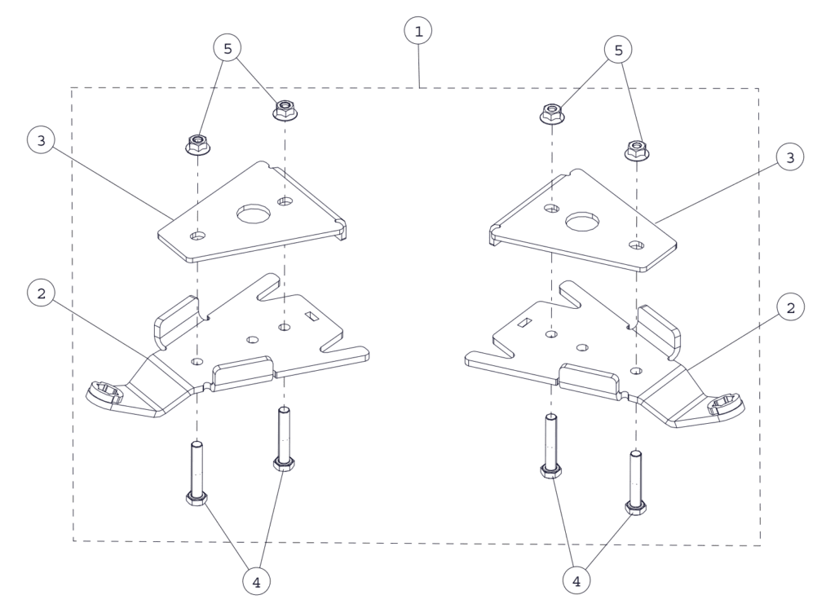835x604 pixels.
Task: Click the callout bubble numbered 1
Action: tap(418, 31)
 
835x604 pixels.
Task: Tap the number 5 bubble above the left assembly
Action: tap(228, 48)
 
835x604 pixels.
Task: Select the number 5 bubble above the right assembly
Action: tap(618, 50)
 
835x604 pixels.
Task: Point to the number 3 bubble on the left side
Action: tap(41, 140)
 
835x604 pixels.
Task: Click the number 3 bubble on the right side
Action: tap(789, 157)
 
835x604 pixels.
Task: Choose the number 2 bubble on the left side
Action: tap(41, 293)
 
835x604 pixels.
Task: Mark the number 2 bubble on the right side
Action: tap(790, 307)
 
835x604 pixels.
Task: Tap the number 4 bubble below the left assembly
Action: tap(256, 582)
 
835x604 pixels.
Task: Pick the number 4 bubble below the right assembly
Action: tap(577, 581)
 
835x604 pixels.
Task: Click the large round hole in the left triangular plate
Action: tap(254, 214)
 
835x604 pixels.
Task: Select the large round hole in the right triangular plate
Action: tap(582, 221)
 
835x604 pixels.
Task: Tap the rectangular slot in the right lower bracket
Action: tap(525, 322)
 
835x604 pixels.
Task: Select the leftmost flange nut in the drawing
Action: tap(198, 144)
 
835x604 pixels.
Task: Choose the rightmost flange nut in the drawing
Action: tap(637, 151)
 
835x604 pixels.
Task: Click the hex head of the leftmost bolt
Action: tap(197, 499)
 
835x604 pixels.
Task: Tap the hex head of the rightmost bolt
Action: tap(636, 508)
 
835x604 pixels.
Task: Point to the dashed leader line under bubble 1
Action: tap(419, 66)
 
